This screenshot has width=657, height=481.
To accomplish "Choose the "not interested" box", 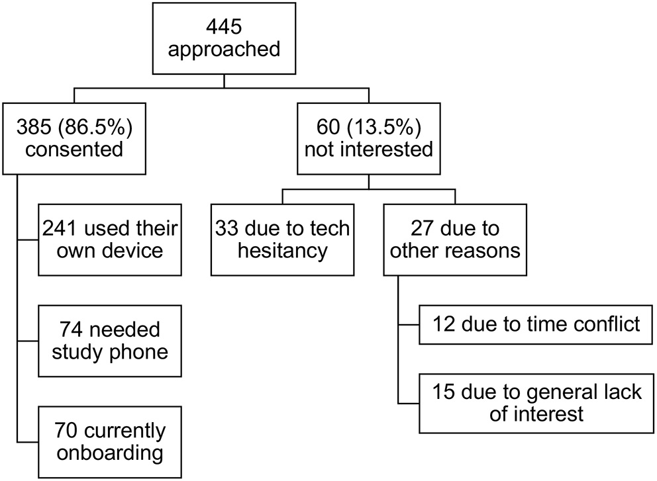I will (369, 138).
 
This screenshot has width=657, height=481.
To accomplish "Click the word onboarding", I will (110, 453).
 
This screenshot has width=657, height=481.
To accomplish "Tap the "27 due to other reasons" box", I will (455, 239).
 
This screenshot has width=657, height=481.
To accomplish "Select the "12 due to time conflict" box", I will (536, 324).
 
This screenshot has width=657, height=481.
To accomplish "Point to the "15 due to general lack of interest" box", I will (536, 403).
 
